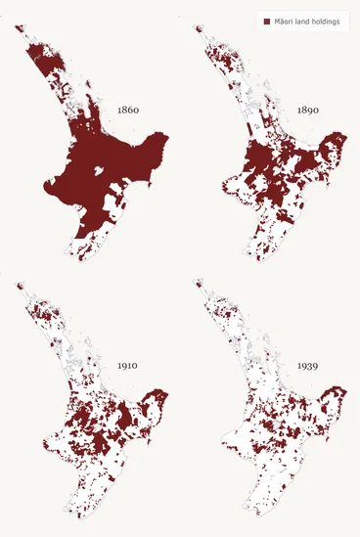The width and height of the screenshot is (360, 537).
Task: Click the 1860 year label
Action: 127,111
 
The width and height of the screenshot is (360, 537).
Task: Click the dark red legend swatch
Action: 266,21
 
